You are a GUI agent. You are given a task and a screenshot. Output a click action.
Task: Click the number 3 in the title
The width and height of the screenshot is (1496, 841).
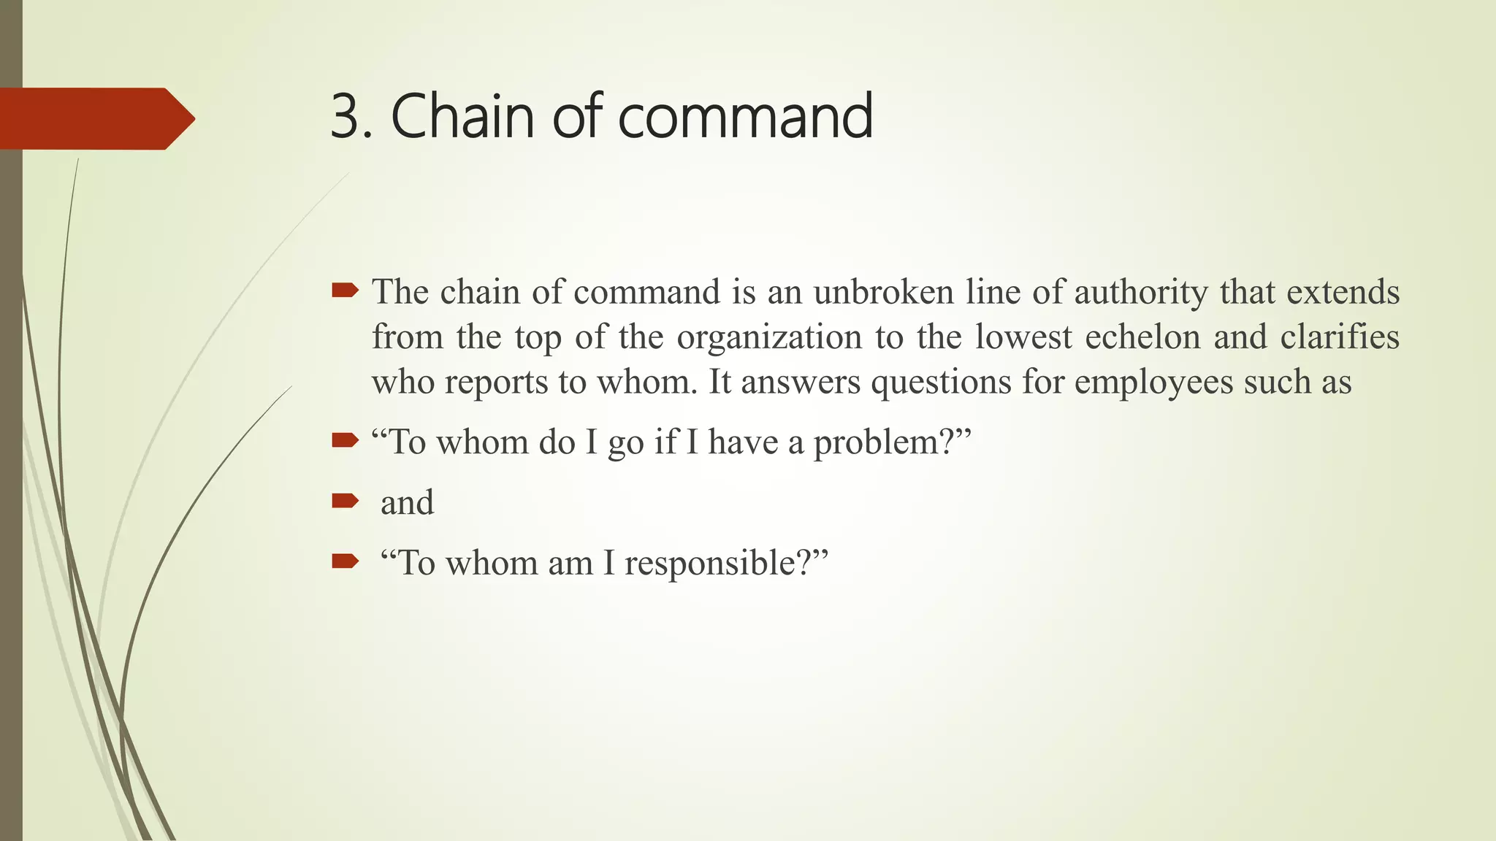[346, 117]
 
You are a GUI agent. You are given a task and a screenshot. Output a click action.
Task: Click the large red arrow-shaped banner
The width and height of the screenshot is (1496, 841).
[95, 118]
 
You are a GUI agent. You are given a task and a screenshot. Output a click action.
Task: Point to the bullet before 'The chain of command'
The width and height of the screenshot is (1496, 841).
[345, 291]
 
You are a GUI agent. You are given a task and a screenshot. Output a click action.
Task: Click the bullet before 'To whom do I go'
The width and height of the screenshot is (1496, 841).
[345, 440]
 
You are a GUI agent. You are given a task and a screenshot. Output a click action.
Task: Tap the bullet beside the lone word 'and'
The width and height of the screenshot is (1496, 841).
[345, 501]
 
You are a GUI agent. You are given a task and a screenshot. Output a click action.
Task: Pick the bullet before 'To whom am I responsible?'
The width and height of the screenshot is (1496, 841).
[345, 561]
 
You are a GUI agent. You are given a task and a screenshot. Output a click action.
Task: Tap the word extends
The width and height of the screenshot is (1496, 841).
[1343, 292]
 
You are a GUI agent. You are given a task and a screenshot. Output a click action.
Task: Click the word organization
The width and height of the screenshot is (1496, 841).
[769, 337]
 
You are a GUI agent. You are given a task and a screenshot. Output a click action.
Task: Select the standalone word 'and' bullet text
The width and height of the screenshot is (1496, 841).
[407, 502]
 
